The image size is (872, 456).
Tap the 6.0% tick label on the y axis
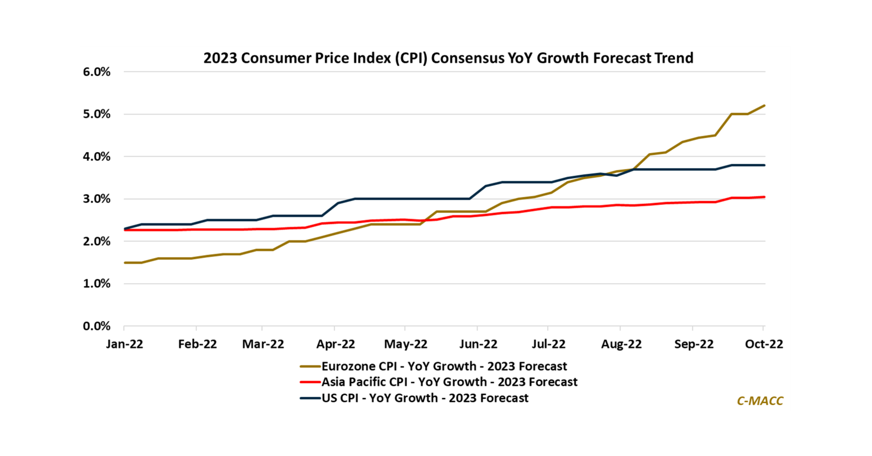97,72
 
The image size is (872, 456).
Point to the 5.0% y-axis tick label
97,114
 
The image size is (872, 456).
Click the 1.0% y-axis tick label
97,284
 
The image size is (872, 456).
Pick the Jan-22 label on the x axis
125,344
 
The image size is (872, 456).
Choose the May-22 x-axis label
405,344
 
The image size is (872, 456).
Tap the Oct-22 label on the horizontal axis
764,344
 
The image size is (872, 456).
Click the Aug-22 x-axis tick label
621,344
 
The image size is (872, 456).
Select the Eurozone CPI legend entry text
444,366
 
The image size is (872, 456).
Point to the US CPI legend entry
425,398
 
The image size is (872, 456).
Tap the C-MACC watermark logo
760,401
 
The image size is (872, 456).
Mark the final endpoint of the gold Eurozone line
764,106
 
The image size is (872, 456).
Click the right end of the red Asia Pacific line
764,197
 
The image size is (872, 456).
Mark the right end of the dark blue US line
764,165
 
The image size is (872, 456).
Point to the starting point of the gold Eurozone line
125,263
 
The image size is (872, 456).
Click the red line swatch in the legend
310,382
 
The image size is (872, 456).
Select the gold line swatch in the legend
310,366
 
